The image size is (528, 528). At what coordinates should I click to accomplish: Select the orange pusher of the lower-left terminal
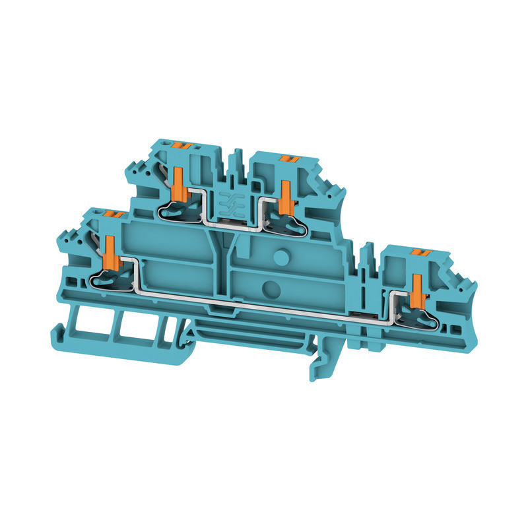110,251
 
